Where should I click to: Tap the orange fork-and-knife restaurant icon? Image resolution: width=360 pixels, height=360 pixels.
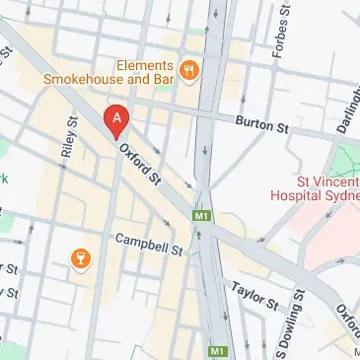click(x=187, y=69)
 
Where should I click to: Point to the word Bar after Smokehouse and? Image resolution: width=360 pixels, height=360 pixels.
click(x=163, y=77)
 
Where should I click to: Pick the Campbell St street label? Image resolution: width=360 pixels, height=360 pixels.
click(x=149, y=244)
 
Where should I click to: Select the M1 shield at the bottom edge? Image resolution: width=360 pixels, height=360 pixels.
click(x=216, y=350)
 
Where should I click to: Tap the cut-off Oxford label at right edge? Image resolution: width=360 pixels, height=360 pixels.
click(x=347, y=317)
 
